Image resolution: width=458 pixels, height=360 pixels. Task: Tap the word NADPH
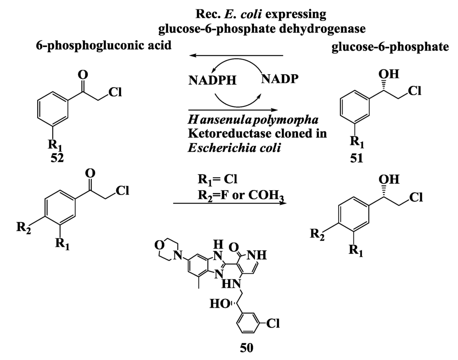tap(210, 81)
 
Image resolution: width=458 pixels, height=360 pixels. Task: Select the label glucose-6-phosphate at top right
tap(390, 47)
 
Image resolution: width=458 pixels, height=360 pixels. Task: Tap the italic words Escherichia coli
tap(234, 148)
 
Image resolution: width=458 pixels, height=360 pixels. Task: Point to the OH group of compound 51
tap(389, 73)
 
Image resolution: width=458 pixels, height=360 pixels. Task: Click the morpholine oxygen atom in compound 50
tap(158, 244)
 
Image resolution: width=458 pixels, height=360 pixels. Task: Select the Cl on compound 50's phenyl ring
tap(274, 323)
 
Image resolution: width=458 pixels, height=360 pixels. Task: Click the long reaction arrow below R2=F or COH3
tap(229, 204)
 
